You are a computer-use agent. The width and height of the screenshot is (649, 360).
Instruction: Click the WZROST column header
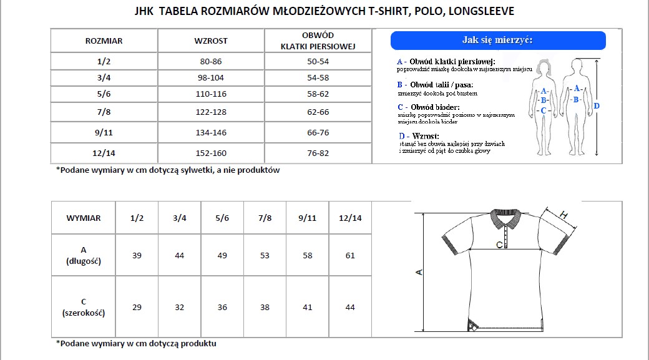click(x=211, y=41)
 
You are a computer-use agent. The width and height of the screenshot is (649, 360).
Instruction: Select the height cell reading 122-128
click(x=211, y=112)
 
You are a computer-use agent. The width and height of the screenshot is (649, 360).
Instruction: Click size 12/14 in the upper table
click(x=104, y=153)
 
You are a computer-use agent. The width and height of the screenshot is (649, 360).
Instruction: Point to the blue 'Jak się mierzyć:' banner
click(x=497, y=41)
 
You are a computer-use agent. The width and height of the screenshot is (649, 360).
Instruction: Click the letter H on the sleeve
click(x=564, y=215)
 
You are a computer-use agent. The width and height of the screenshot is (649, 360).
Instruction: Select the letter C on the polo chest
click(x=499, y=245)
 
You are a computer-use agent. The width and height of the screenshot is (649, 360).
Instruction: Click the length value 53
click(x=265, y=255)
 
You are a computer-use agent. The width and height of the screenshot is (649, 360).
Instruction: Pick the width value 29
click(x=137, y=307)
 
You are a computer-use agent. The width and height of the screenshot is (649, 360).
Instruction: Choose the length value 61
click(x=350, y=255)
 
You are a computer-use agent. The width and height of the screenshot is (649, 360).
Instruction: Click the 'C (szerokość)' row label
click(x=83, y=307)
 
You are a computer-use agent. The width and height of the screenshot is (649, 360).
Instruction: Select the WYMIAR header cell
click(x=83, y=218)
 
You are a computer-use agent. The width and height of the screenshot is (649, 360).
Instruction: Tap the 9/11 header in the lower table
click(x=308, y=218)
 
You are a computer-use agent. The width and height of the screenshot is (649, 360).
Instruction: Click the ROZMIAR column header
click(x=104, y=41)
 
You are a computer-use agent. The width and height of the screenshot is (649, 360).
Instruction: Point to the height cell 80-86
click(x=211, y=61)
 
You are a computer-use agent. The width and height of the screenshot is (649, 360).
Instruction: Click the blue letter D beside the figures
click(x=597, y=106)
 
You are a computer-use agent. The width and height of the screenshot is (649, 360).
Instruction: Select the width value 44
click(x=350, y=307)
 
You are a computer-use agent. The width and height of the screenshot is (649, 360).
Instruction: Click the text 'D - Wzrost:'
click(x=419, y=135)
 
